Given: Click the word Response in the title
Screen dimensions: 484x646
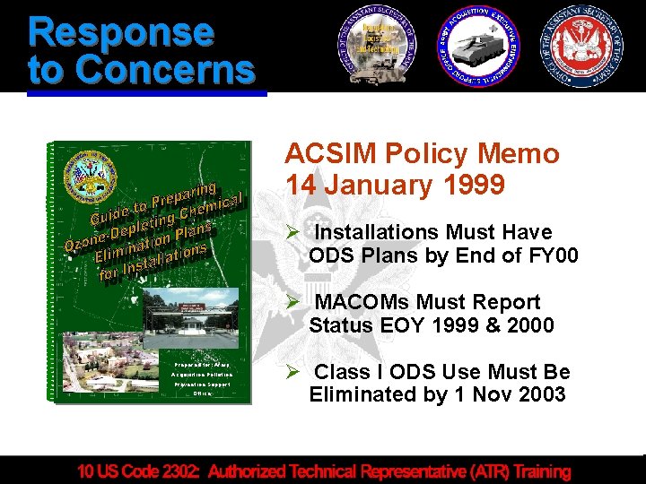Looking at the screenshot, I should pos(121,31).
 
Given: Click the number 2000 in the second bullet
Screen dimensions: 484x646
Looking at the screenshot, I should pos(525,324).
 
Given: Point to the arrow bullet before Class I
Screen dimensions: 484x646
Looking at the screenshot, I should pos(293,371).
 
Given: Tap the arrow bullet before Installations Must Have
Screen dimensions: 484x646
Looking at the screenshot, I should pos(293,232).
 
